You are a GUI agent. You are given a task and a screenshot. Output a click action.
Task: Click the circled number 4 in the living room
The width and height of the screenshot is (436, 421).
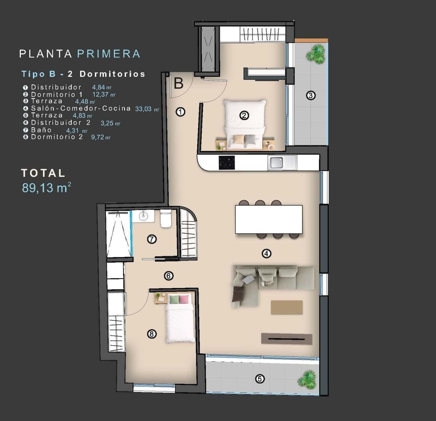tap(266, 253)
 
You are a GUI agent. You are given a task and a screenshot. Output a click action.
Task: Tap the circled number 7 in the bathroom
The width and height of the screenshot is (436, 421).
tap(152, 239)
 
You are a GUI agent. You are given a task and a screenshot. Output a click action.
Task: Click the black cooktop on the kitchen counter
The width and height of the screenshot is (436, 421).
tap(227, 162)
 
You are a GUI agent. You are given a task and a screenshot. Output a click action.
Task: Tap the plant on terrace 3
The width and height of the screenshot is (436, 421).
tap(315, 54)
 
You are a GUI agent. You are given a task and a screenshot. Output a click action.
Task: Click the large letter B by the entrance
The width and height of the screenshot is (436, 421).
tap(178, 83)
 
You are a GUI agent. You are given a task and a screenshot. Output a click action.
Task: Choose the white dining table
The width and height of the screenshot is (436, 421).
tap(268, 219)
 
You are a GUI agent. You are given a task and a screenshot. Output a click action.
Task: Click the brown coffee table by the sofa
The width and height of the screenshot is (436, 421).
tap(286, 307)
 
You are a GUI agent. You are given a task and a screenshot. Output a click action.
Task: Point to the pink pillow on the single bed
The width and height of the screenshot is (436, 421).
tap(184, 300)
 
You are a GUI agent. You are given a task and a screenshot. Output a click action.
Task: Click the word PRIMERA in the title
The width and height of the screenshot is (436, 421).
tap(109, 54)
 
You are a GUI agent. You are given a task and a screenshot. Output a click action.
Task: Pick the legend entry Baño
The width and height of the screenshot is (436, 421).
tap(41, 130)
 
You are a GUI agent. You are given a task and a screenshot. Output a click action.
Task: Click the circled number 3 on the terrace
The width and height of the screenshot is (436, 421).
tap(310, 95)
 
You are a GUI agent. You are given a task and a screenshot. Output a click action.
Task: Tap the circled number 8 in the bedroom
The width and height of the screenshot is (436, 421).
tap(152, 334)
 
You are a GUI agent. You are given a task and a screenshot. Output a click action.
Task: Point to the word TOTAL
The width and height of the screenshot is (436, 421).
tap(43, 173)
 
